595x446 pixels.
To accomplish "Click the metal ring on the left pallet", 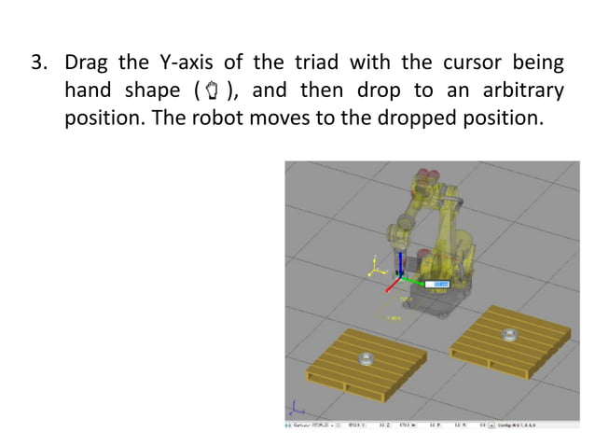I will [x=366, y=356].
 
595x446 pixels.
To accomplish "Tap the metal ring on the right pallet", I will [x=509, y=334].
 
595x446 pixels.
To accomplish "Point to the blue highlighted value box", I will [x=438, y=283].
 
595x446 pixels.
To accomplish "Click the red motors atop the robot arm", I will [x=426, y=174].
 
